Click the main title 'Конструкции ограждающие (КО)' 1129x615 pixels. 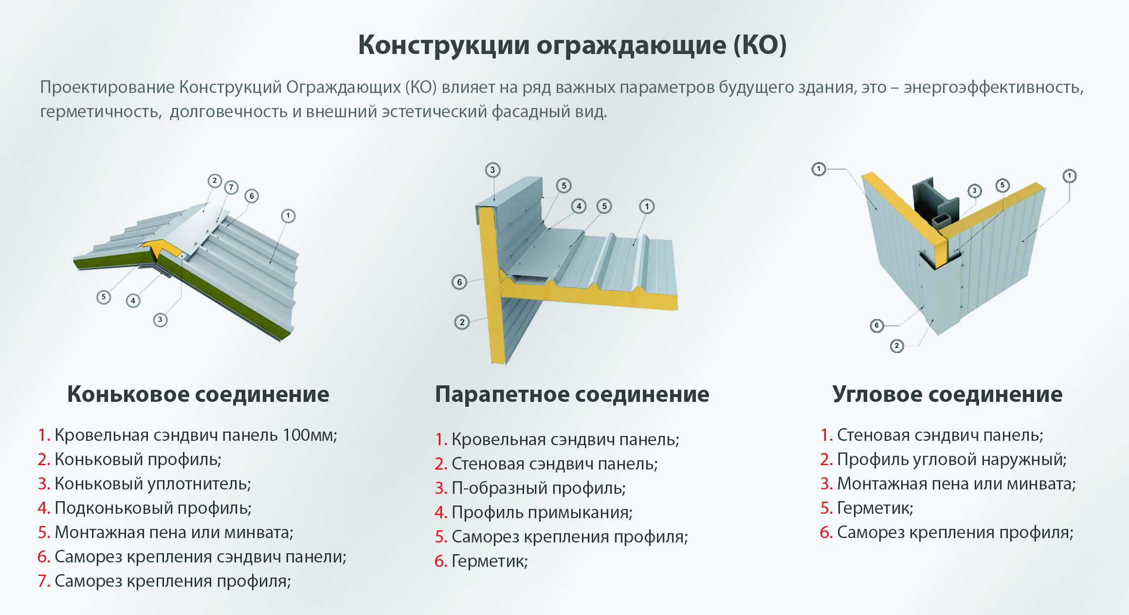572,45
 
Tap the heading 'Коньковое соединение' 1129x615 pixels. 198,394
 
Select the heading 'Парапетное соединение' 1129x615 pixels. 572,394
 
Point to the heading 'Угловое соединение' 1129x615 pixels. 947,394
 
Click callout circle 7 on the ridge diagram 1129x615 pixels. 231,187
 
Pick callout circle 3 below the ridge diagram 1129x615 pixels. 160,320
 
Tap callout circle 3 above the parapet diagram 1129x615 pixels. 492,170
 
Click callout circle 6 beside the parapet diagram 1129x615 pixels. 459,282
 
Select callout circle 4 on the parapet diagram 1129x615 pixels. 579,206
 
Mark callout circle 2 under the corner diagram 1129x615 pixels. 896,346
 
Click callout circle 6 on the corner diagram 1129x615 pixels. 876,326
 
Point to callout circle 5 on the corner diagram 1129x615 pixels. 1002,185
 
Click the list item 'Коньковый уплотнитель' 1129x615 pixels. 152,484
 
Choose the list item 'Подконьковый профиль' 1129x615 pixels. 153,508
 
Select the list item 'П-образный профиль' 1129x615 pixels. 538,488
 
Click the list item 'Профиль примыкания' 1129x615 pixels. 542,512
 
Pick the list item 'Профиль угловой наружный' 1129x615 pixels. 951,459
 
